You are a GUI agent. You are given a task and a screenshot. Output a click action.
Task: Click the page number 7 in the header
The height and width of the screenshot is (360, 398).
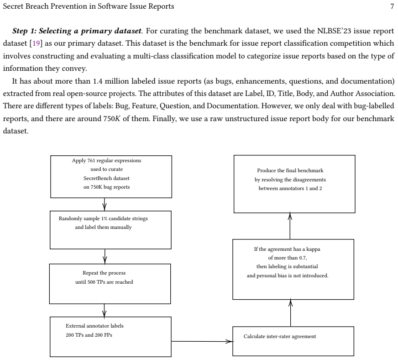(x=392, y=6)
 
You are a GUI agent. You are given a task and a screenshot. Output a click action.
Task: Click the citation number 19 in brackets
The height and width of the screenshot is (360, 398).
(x=36, y=43)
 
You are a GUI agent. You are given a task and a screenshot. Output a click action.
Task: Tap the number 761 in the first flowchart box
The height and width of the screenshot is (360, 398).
(x=91, y=160)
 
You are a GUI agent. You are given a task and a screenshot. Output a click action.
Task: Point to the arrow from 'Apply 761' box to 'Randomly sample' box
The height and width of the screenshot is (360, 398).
(x=105, y=204)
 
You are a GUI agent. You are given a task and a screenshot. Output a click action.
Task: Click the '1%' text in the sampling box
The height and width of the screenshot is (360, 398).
(x=104, y=218)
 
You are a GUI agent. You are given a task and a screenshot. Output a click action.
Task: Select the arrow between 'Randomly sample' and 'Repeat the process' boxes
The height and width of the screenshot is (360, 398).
(x=105, y=256)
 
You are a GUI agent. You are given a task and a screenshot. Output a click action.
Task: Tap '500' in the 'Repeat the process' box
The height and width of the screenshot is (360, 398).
(x=91, y=282)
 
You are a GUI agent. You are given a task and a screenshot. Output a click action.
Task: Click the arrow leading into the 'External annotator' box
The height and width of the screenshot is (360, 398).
(x=105, y=310)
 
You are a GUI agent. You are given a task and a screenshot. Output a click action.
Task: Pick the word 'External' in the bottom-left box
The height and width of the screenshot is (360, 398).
(x=75, y=326)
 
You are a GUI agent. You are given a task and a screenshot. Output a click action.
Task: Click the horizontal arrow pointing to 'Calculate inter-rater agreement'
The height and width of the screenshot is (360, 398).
(x=202, y=341)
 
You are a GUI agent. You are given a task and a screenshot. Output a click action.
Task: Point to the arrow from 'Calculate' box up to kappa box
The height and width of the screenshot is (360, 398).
(x=291, y=313)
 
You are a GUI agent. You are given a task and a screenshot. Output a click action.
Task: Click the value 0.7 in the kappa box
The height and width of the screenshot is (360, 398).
(x=303, y=258)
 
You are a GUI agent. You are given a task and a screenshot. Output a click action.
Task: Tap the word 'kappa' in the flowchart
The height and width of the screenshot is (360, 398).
(x=313, y=249)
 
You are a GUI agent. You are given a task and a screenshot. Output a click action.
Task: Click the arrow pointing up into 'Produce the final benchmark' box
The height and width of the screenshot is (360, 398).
(x=290, y=226)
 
